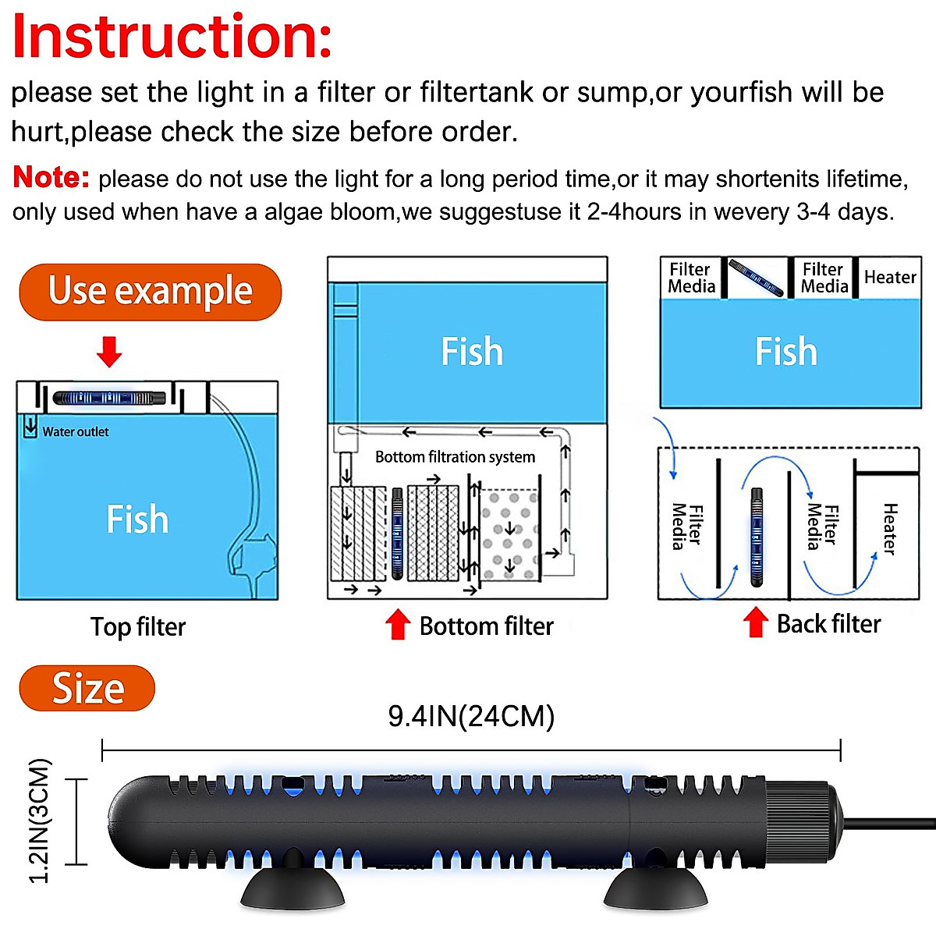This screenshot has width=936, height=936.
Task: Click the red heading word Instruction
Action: point(172,37)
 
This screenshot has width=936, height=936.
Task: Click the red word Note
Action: point(51,177)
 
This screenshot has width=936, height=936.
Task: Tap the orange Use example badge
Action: point(150,292)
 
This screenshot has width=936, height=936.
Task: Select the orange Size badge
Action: point(87,688)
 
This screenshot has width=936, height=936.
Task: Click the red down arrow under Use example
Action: point(109,352)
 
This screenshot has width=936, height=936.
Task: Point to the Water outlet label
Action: point(76,432)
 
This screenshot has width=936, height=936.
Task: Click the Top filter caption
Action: point(138,627)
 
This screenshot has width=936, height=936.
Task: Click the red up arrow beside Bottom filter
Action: point(398,625)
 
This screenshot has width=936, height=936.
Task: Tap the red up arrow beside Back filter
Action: point(755,622)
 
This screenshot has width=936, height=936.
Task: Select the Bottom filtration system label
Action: point(455,457)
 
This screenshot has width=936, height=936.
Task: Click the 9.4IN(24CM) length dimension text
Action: point(471,716)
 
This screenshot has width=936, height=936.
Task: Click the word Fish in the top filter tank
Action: point(137,519)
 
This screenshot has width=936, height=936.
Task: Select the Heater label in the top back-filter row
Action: point(890,278)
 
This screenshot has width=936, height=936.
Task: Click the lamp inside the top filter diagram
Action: point(109,398)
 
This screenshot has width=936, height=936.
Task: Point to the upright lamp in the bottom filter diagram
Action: point(397,534)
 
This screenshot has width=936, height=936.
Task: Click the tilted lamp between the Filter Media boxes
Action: point(755,278)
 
